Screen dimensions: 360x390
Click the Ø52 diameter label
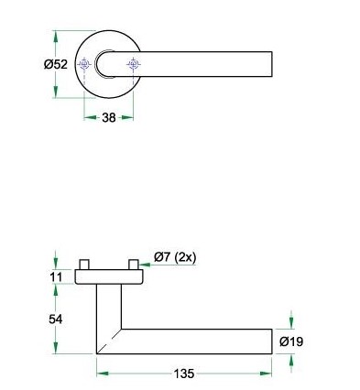(x=56, y=64)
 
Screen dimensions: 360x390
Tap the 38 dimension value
(x=109, y=117)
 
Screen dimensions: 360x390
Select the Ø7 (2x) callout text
(x=175, y=257)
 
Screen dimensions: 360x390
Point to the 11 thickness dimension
(x=56, y=277)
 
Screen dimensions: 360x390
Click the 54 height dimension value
(x=56, y=320)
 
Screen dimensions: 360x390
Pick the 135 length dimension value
(x=184, y=374)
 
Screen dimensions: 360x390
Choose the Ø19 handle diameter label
(x=291, y=341)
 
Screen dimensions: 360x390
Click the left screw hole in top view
(x=84, y=64)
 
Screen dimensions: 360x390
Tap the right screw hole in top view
(x=134, y=64)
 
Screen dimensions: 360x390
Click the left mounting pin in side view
(x=84, y=265)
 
